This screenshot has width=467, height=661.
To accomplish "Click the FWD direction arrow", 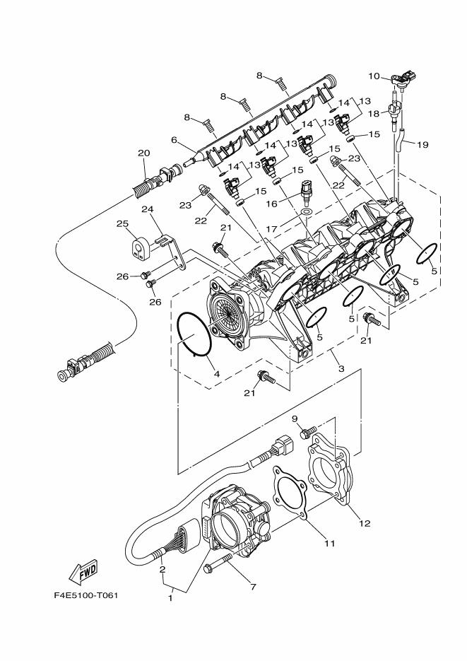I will pyautogui.click(x=83, y=571).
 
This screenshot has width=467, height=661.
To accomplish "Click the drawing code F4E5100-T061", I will pyautogui.click(x=85, y=595).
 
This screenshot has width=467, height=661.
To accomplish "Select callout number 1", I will pyautogui.click(x=169, y=598).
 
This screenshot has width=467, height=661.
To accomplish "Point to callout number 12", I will pyautogui.click(x=365, y=523).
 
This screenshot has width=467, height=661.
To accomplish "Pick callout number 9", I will pyautogui.click(x=295, y=419).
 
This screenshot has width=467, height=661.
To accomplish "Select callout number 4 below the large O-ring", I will pyautogui.click(x=217, y=373).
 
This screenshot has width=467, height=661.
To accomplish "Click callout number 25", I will pyautogui.click(x=122, y=224).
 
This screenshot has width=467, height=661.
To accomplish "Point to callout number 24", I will pyautogui.click(x=147, y=209).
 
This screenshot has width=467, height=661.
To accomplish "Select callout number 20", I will pyautogui.click(x=143, y=153).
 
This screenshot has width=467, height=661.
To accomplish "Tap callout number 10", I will pyautogui.click(x=374, y=76).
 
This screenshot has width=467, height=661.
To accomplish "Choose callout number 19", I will pyautogui.click(x=422, y=145).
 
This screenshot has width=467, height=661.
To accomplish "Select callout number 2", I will pyautogui.click(x=163, y=570).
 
